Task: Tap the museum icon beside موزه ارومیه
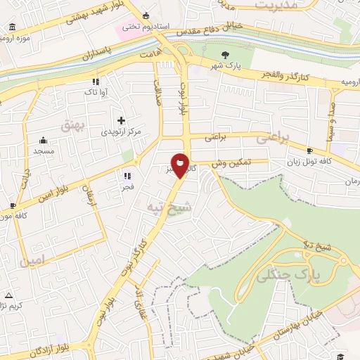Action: click(x=12, y=27)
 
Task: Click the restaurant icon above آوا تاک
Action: click(x=96, y=82)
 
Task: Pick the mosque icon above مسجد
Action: click(x=43, y=140)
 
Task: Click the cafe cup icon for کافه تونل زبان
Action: click(x=309, y=150)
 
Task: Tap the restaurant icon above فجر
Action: click(x=127, y=176)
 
